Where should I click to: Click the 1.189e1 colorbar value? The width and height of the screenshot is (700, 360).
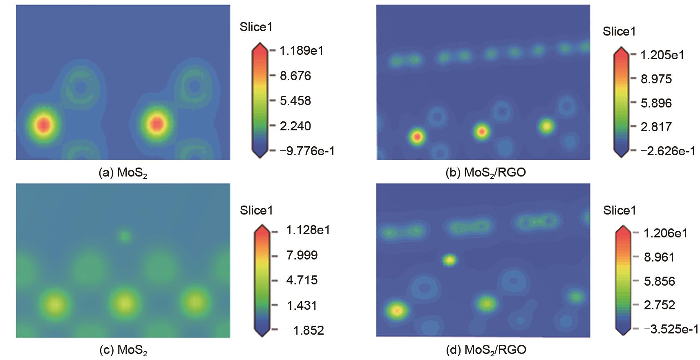pos(301,51)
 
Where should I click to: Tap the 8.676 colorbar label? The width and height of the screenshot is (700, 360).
pos(295,76)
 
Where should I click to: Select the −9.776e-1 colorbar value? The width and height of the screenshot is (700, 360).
pos(307,151)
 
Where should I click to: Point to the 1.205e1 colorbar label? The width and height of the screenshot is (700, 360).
pos(662,55)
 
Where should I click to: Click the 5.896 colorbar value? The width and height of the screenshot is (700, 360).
pos(656,103)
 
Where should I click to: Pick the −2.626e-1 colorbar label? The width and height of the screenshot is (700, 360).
pos(668,151)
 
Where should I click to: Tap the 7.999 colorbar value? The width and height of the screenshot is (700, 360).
pos(302,255)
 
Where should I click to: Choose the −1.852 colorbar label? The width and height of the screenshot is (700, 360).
pos(305,330)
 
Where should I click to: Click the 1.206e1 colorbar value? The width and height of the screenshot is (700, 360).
pos(665,233)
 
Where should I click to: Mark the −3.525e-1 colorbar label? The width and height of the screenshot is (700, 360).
pos(671,329)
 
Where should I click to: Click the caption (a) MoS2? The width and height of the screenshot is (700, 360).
pos(123,173)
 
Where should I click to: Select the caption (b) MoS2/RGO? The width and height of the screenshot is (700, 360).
pos(485,173)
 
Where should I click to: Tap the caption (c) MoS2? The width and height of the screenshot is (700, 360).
pos(123,350)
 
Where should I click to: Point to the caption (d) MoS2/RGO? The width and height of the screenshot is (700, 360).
pos(485,350)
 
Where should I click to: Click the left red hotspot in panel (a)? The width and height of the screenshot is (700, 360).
pos(43,124)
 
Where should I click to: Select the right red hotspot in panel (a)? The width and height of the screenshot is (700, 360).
pos(156,123)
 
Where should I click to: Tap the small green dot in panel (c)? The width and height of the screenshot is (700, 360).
pos(124,236)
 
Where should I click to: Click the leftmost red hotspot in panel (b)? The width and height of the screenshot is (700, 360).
pos(417,137)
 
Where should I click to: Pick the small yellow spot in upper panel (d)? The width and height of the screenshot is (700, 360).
pos(450,260)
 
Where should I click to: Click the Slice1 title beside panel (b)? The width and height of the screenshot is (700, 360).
pos(619,31)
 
